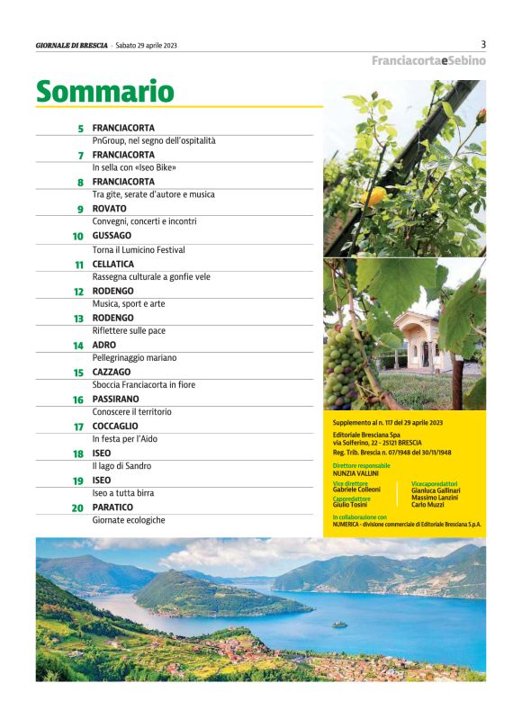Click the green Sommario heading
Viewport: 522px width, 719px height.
104,91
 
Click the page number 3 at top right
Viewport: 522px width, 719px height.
483,43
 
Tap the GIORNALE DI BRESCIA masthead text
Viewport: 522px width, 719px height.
72,44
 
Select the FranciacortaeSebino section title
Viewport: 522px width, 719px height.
428,60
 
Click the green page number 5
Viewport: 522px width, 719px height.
81,129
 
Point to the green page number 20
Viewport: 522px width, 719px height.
78,508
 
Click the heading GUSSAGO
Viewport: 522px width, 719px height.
112,236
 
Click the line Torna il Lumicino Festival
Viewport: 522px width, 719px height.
139,249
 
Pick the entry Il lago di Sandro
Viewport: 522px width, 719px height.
121,466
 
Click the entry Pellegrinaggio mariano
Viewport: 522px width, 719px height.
134,357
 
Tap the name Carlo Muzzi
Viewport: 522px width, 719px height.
428,505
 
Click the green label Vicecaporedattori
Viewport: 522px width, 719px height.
434,483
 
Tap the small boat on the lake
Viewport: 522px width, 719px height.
337,624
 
